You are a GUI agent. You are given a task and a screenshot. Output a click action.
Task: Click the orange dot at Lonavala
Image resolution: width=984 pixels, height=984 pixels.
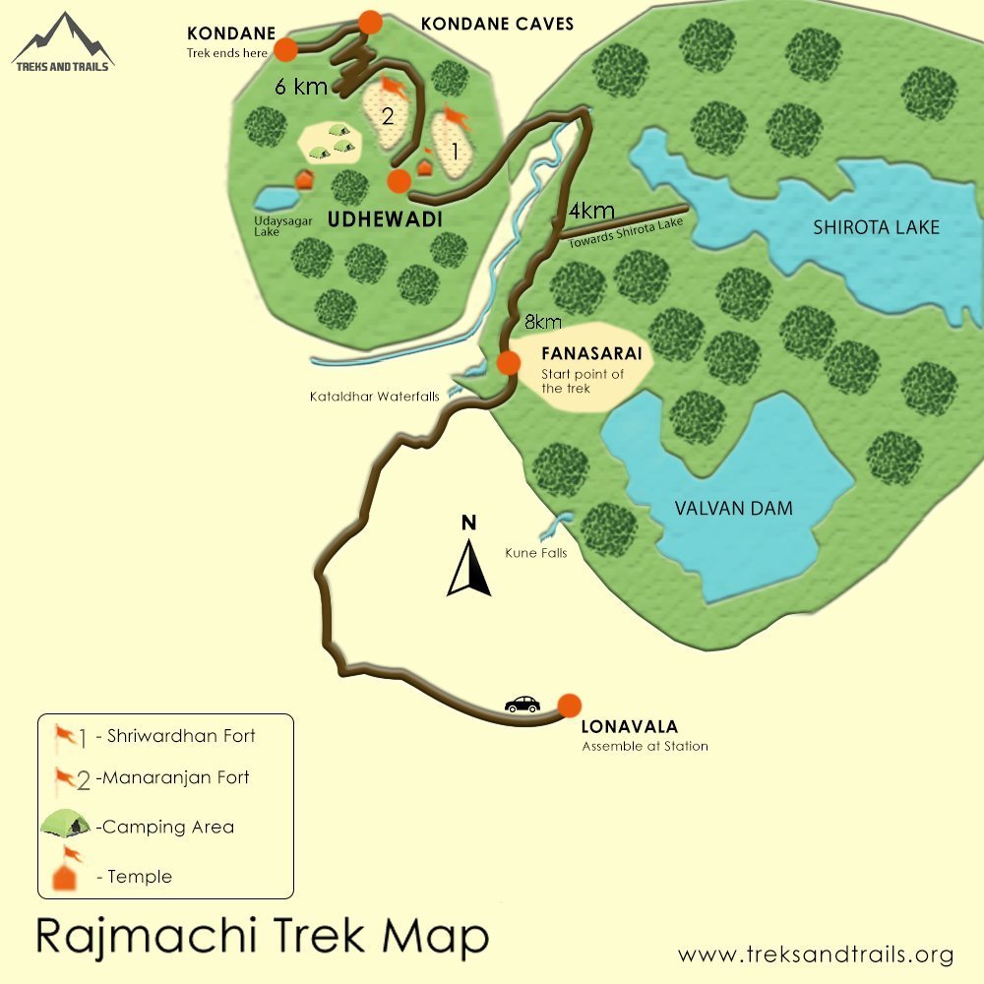[x=569, y=706]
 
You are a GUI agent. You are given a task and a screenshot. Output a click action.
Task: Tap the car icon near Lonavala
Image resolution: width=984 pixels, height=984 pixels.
[x=522, y=705]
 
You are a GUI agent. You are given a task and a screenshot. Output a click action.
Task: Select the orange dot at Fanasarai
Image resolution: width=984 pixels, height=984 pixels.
[x=508, y=362]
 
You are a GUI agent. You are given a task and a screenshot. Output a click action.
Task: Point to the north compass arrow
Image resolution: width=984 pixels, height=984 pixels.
[x=469, y=569]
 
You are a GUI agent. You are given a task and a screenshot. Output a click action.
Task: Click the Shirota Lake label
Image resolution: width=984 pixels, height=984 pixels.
[x=876, y=228]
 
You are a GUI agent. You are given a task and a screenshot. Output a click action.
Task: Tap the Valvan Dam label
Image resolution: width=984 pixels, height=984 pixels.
[x=733, y=509]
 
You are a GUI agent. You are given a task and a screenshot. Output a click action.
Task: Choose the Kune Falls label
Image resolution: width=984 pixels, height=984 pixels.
[x=535, y=553]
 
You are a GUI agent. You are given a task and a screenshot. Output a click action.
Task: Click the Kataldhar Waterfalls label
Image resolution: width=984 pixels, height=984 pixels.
[x=376, y=397]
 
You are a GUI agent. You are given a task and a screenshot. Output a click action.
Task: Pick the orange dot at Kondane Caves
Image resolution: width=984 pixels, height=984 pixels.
[x=370, y=21]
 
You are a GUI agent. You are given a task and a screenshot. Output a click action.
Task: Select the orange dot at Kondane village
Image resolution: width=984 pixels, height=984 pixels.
[x=285, y=49]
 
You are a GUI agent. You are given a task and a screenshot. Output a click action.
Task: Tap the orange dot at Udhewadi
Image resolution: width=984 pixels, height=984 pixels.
[x=399, y=181]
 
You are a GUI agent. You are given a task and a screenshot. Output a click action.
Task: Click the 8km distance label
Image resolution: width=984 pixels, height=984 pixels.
[x=542, y=322]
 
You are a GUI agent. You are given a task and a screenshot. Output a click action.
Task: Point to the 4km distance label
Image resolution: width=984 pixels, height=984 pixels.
[x=592, y=211]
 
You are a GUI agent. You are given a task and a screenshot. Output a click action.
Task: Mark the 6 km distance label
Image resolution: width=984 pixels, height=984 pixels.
[x=301, y=87]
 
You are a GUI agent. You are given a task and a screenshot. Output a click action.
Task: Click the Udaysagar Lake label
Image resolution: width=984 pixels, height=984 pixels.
[x=282, y=226]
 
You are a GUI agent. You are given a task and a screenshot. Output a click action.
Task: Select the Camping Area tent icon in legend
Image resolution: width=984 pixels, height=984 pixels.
[x=66, y=824]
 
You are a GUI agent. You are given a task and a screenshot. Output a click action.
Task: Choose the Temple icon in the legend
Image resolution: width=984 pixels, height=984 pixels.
[x=67, y=871]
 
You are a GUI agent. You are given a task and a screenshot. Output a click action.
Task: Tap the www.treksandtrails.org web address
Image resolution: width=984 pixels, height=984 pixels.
[x=816, y=954]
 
